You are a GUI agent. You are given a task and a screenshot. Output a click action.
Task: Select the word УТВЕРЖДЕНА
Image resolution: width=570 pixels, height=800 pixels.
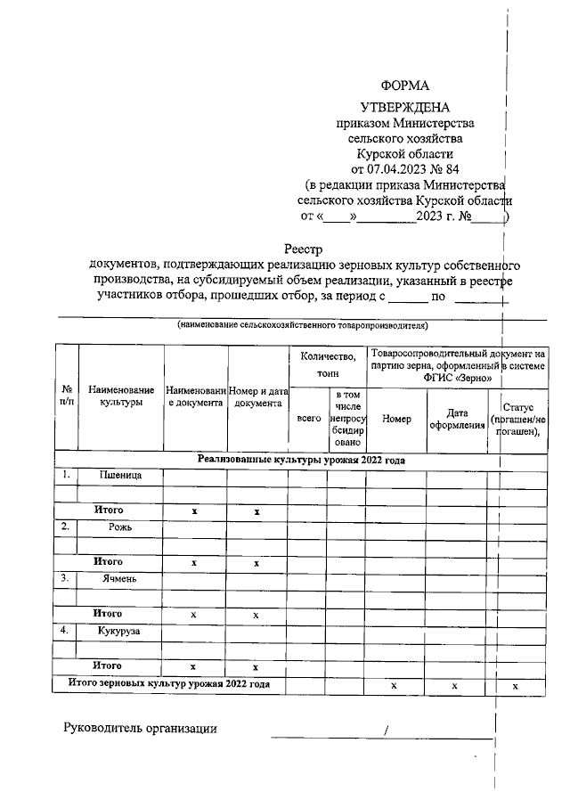click(405, 107)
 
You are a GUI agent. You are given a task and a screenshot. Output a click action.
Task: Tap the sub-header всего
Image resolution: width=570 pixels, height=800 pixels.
click(307, 418)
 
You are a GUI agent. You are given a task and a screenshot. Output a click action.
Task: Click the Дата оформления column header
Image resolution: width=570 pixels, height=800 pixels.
click(457, 419)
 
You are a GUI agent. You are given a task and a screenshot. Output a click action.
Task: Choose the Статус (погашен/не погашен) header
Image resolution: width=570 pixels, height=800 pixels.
click(517, 419)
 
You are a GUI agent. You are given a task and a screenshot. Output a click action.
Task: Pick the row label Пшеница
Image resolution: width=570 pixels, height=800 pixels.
click(120, 475)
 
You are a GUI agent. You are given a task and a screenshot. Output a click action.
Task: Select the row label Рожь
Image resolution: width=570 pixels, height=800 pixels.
click(120, 527)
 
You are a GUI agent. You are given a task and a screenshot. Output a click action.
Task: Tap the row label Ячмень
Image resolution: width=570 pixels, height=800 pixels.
click(120, 578)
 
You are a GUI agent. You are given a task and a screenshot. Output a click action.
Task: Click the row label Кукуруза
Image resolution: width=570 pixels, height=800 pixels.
click(120, 631)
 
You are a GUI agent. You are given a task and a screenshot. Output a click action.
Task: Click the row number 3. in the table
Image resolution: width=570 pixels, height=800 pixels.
click(66, 578)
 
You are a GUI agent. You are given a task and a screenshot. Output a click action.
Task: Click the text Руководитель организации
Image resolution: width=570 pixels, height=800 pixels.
click(140, 729)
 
